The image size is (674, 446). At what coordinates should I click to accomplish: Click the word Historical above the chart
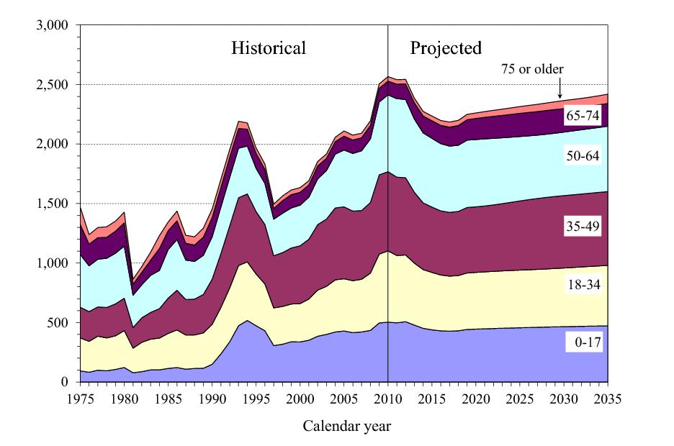(269, 49)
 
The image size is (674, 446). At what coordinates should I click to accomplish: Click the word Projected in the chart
(446, 49)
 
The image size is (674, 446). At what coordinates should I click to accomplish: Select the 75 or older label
(532, 70)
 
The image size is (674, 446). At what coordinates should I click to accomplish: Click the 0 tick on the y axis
(64, 382)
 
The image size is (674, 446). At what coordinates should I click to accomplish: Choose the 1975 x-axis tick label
(80, 399)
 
